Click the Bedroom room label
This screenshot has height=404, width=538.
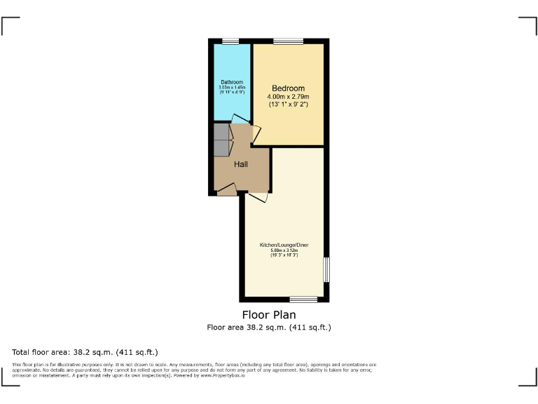(x=288, y=88)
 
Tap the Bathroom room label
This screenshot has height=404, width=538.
(x=232, y=82)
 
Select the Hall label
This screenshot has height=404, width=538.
(x=241, y=164)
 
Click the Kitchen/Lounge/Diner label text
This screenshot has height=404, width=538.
(x=284, y=245)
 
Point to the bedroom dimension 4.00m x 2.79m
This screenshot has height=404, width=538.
(x=288, y=96)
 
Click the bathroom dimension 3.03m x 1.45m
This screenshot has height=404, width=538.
(x=232, y=87)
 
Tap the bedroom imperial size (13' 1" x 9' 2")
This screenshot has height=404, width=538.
(x=288, y=104)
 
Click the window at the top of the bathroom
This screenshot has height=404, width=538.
(x=230, y=41)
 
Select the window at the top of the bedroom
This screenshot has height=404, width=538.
(x=284, y=41)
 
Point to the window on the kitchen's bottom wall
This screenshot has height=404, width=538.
(x=303, y=299)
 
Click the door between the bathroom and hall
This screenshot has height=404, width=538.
(x=240, y=119)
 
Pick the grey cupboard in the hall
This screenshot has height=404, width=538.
(x=221, y=140)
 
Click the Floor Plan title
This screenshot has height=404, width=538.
(x=269, y=315)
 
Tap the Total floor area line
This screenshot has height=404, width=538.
(x=85, y=351)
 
